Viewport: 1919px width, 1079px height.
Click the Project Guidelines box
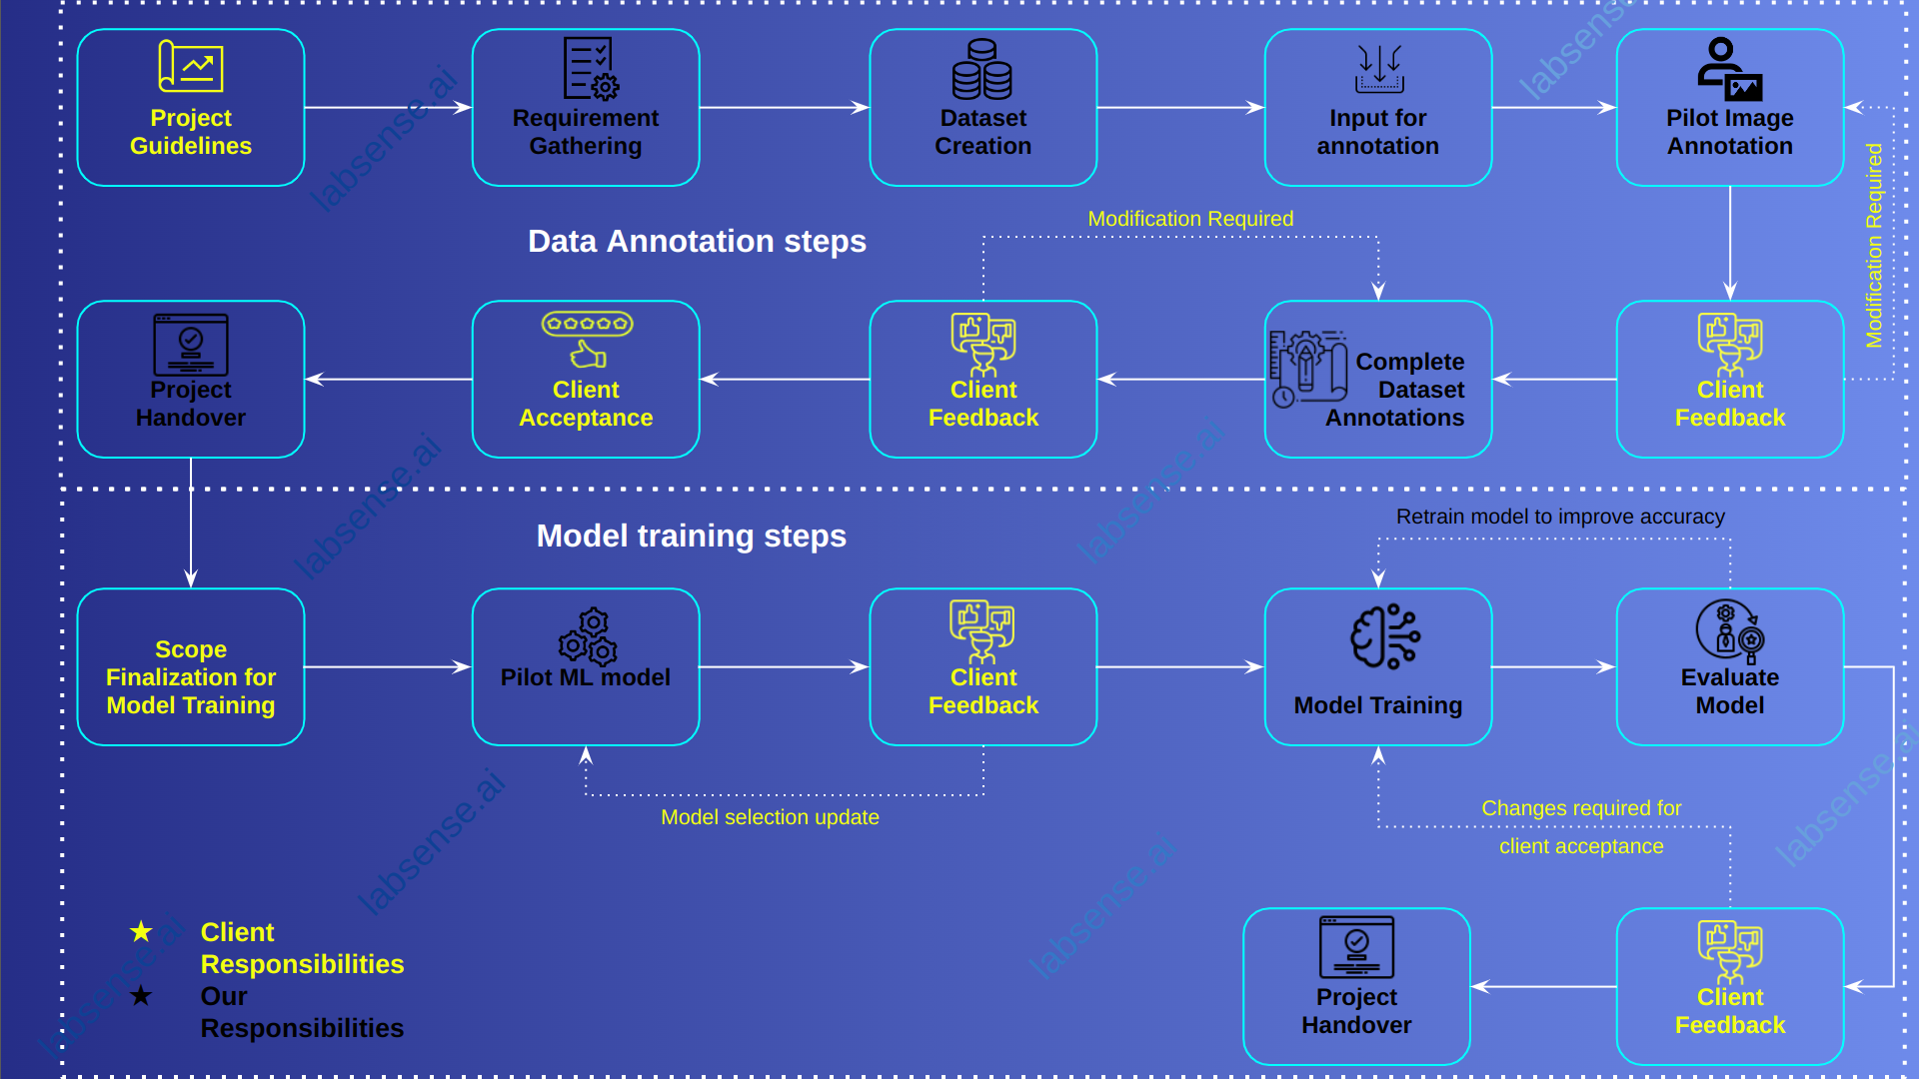pos(190,108)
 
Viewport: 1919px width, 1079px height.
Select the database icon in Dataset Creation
pos(982,70)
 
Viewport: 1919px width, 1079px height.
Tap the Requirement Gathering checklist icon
pos(591,69)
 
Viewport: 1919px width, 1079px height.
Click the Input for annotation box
pos(1377,108)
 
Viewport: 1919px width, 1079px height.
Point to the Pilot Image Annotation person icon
pos(1729,69)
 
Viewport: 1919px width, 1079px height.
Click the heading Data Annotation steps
pos(697,242)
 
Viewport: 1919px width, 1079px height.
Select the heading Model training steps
pos(691,537)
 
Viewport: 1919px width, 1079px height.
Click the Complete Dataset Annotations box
pos(1377,380)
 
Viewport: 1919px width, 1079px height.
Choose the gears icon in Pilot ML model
pos(588,636)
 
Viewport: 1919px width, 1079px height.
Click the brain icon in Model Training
pos(1384,636)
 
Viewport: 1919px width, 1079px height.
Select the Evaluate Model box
pos(1729,666)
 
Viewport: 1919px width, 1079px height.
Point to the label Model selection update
pos(770,817)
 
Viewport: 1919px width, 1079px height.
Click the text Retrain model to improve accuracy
pos(1559,517)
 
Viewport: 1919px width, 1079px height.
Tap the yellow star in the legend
pos(141,932)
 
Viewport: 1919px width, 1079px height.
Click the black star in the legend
pos(141,996)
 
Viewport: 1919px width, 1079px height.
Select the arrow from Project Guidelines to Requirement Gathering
pos(388,108)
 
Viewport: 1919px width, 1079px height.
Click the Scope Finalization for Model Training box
pos(190,666)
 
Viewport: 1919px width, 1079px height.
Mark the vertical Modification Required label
pos(1874,246)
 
